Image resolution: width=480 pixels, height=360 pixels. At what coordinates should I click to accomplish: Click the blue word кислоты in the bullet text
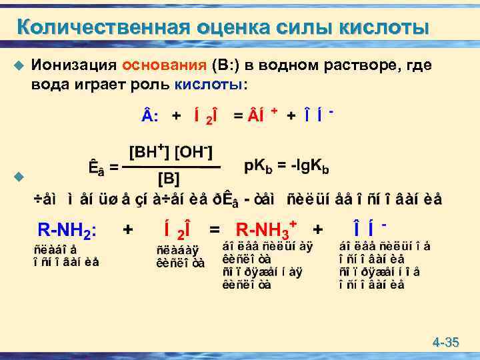(210, 85)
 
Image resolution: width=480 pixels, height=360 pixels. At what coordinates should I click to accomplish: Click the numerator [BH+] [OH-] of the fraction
(171, 153)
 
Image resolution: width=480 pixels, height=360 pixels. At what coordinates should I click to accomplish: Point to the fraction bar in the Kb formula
(171, 167)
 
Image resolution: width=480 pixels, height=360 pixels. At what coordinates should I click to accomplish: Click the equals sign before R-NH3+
(215, 230)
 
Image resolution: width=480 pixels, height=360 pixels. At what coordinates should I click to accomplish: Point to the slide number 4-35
(445, 343)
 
